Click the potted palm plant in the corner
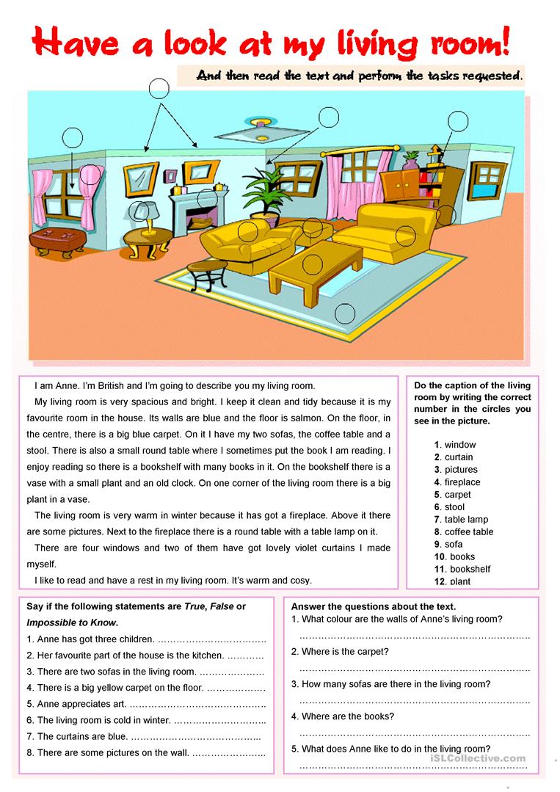coord(263,192)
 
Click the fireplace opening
coord(199,219)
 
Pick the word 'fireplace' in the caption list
coord(462,482)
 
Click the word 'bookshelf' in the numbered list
coord(470,569)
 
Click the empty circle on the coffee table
coord(313,262)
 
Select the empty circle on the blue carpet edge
coord(345,314)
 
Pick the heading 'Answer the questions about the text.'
coord(374,606)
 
